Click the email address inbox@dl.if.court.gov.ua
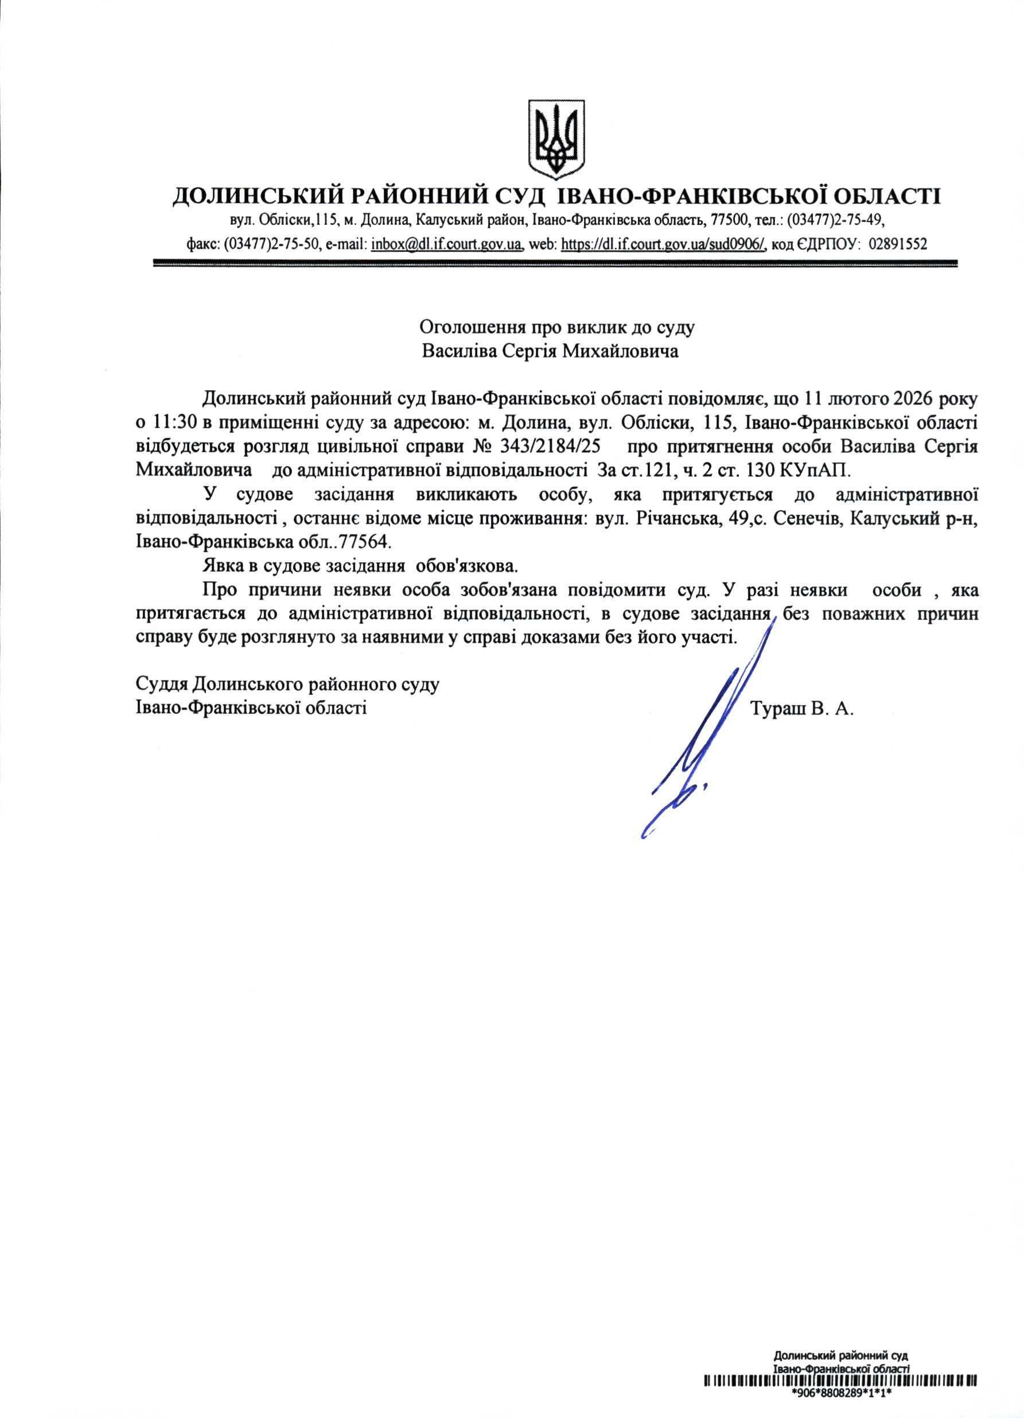click(x=447, y=244)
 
